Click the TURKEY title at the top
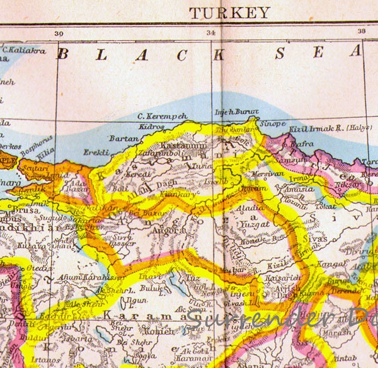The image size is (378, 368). [x=230, y=13]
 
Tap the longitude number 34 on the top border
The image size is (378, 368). [x=210, y=32]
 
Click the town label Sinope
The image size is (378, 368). [x=273, y=124]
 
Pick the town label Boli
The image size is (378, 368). [x=118, y=187]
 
